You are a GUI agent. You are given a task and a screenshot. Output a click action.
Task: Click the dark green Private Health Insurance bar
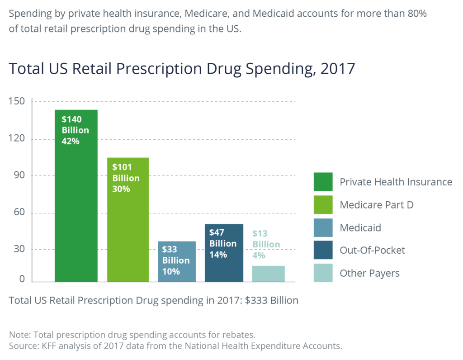(x=76, y=213)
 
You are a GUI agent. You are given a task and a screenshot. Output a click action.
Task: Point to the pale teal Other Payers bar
(x=268, y=274)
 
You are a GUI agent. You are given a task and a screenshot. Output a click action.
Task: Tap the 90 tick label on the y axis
(x=19, y=175)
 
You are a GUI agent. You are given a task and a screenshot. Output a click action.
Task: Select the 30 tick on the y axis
(x=19, y=249)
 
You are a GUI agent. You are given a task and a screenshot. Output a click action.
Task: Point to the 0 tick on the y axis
(x=22, y=279)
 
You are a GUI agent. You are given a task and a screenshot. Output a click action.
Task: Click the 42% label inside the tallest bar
(x=71, y=142)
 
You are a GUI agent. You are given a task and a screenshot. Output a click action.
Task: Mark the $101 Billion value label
(x=126, y=172)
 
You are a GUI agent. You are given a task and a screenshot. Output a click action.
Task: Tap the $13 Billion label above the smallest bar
(x=266, y=239)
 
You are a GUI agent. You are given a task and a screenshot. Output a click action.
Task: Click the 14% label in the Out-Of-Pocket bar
(x=218, y=255)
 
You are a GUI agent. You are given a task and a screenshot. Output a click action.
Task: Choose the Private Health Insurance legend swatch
(x=323, y=182)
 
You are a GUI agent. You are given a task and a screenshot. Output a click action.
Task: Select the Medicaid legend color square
(x=323, y=227)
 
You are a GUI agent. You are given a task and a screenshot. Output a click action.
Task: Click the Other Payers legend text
(x=369, y=273)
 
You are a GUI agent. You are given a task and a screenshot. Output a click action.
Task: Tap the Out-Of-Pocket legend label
(x=372, y=251)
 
